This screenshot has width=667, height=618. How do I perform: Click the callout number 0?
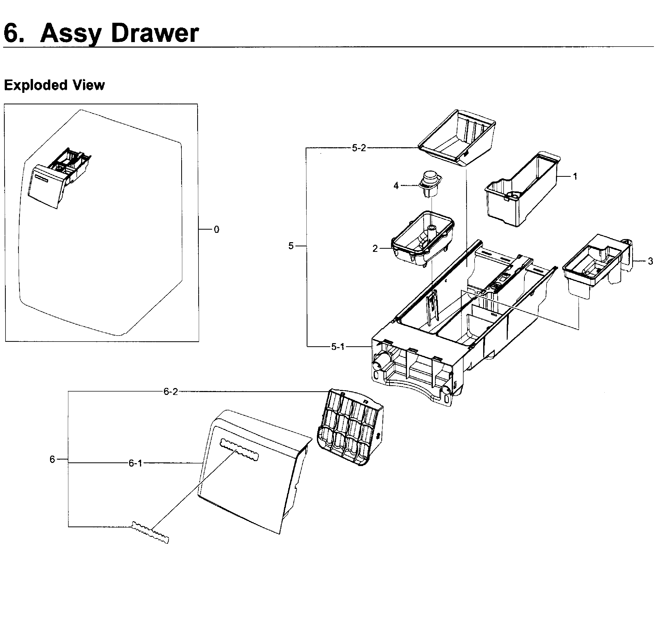coord(216,230)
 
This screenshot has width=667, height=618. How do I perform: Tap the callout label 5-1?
coord(338,347)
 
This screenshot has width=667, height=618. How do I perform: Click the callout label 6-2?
coord(170,392)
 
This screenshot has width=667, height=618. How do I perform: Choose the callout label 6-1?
coord(135,463)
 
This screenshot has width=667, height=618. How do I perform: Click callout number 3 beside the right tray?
coord(650,262)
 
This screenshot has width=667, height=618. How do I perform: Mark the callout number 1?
coord(575,177)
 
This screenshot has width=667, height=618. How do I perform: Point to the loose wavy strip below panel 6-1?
coord(150,532)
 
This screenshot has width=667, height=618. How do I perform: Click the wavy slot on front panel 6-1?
coord(239,450)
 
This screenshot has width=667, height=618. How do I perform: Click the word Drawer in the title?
coord(155,33)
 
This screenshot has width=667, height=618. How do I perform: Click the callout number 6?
coord(52,459)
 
